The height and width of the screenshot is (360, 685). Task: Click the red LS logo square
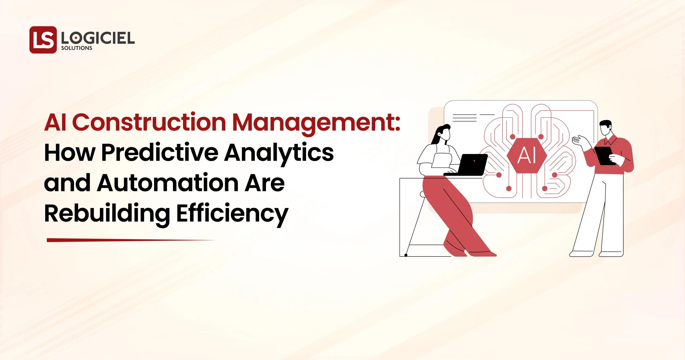43,40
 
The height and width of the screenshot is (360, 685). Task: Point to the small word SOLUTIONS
77,48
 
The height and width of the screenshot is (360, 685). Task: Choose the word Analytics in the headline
278,154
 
